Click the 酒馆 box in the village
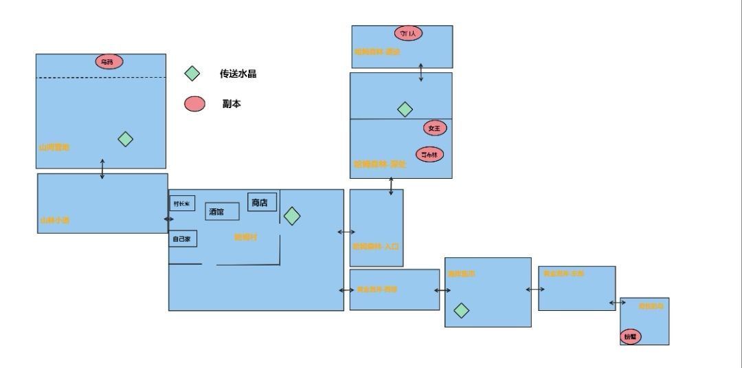coord(222,211)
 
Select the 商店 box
coord(262,202)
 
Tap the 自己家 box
coord(182,239)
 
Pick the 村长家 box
coord(182,204)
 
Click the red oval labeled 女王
coord(435,128)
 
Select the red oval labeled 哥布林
coord(429,154)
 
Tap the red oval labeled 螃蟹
coord(630,337)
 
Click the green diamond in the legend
coord(193,74)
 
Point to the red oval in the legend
coord(194,104)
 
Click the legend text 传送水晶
coord(238,74)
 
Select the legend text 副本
coord(232,104)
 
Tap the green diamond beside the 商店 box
coord(292,216)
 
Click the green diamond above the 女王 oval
coord(405,109)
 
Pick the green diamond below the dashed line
coord(124,139)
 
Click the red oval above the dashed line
coord(109,62)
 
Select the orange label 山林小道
coord(54,221)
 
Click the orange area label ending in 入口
coord(376,246)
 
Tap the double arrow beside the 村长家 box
coord(168,219)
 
